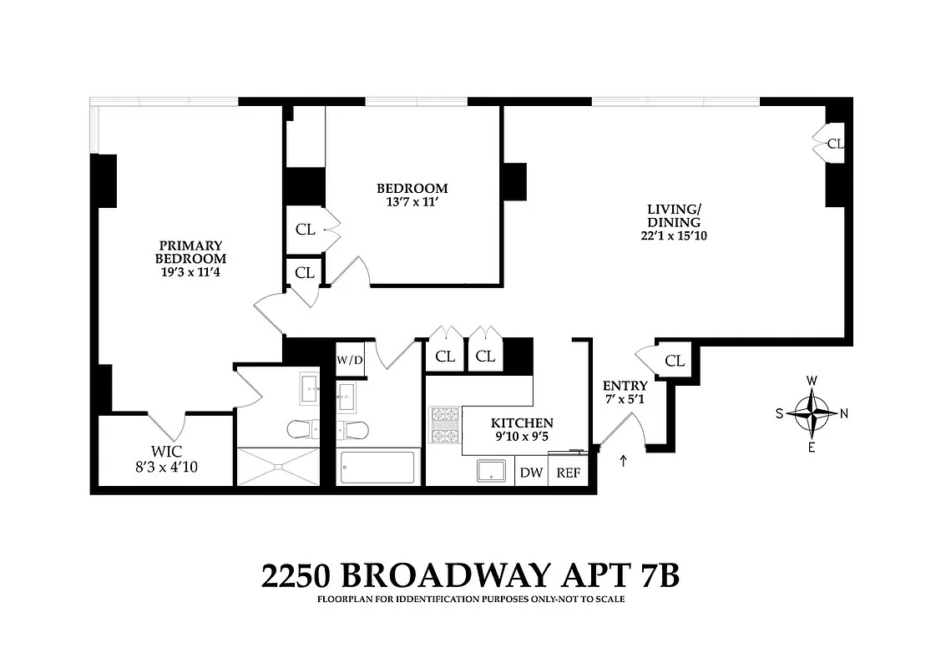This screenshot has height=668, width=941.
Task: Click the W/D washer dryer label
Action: [350, 361]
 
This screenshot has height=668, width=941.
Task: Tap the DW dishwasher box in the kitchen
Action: [531, 473]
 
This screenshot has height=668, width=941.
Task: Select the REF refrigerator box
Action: [568, 473]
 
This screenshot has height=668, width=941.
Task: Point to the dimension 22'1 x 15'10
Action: [674, 235]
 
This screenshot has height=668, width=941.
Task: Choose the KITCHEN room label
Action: [522, 423]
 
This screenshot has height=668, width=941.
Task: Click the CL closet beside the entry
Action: [675, 361]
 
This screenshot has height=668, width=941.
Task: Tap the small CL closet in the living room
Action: [834, 144]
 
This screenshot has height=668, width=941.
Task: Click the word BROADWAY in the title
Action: [446, 575]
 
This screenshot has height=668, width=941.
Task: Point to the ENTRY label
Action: [625, 386]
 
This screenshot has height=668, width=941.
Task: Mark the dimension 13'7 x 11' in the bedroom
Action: [412, 202]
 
